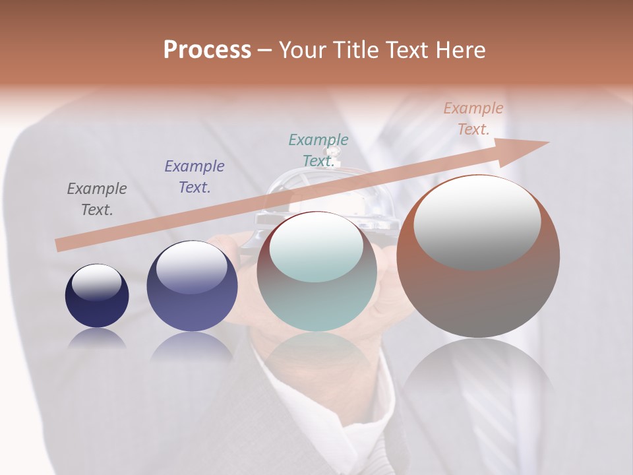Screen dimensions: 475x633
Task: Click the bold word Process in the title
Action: click(x=207, y=50)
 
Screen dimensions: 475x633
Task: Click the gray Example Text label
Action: click(x=97, y=199)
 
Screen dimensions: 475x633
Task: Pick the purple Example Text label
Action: click(x=195, y=176)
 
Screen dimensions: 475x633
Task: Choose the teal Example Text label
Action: click(x=318, y=150)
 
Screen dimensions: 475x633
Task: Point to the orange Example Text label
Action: click(x=473, y=118)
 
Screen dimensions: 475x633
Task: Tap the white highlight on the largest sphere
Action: click(x=477, y=222)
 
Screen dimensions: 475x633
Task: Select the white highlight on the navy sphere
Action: click(x=96, y=282)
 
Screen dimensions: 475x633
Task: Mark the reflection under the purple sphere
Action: click(x=192, y=346)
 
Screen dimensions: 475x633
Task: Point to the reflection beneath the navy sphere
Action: click(x=97, y=338)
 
